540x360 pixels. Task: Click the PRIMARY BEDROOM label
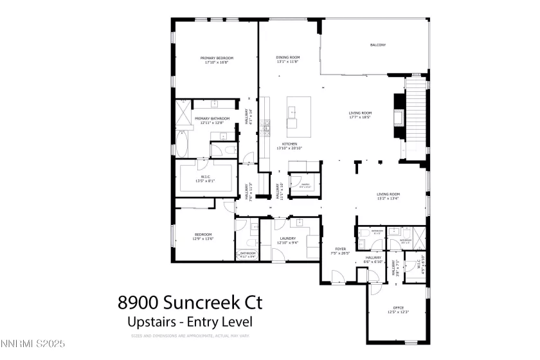216,60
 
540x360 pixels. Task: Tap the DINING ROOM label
288,60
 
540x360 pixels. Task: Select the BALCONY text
378,45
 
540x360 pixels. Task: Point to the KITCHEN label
289,145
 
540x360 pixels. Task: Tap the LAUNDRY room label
287,240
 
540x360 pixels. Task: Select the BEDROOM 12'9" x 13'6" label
203,236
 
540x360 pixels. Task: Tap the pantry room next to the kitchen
303,185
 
